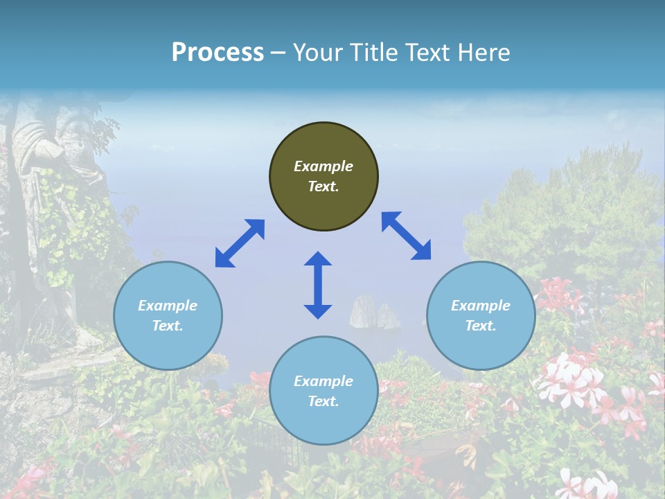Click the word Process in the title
click(218, 52)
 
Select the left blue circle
click(168, 315)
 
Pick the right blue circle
click(481, 315)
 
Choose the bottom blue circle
click(323, 390)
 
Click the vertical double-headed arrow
click(318, 285)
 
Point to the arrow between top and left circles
click(240, 243)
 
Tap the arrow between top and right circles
click(407, 236)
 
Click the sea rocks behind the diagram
click(374, 313)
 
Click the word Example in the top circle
click(323, 166)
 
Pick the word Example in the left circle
click(168, 306)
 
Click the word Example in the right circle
click(481, 306)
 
